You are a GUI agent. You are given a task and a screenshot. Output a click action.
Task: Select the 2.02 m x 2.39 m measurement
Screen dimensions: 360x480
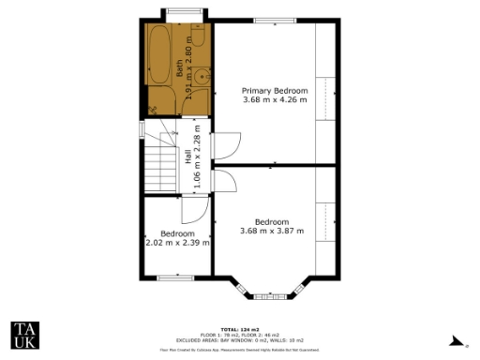(x=177, y=242)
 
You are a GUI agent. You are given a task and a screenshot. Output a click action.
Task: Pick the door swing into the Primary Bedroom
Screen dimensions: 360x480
(x=227, y=144)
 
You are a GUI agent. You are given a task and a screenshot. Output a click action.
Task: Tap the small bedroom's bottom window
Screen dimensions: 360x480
(x=175, y=277)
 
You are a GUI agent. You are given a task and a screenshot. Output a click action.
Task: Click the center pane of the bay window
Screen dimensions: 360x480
(x=271, y=297)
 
